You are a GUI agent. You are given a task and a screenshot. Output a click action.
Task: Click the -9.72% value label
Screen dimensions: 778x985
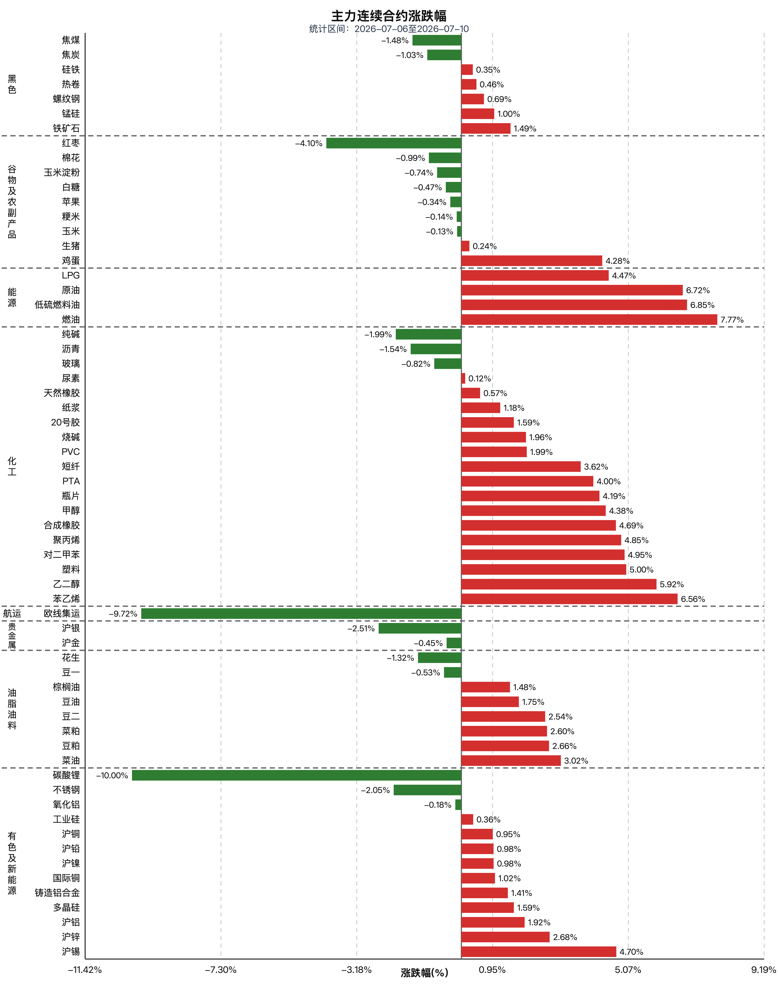[x=123, y=614]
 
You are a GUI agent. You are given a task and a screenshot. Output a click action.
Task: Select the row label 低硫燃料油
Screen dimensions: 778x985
[x=57, y=305]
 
